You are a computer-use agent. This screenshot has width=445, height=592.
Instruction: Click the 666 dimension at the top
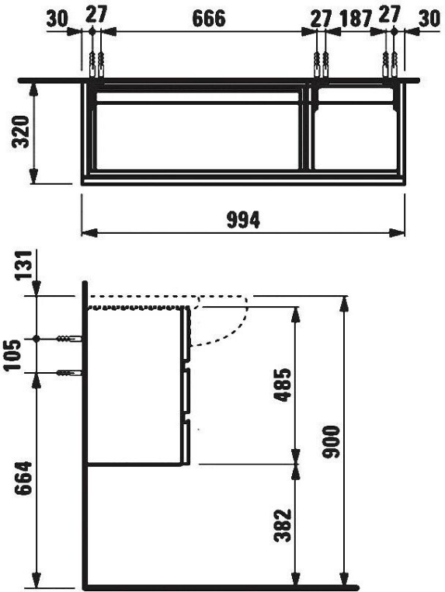(209, 18)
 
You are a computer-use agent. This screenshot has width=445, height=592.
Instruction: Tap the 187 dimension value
(356, 19)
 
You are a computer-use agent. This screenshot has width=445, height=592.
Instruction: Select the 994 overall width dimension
(243, 219)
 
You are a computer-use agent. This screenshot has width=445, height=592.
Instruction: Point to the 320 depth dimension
(21, 132)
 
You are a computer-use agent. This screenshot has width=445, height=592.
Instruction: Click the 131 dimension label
(23, 264)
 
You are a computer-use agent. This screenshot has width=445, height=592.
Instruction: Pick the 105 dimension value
(14, 355)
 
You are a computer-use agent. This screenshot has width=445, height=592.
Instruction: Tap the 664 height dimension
(23, 478)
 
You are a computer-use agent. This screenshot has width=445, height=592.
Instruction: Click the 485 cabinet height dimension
(283, 385)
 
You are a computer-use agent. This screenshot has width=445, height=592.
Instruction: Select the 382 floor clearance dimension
(283, 525)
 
